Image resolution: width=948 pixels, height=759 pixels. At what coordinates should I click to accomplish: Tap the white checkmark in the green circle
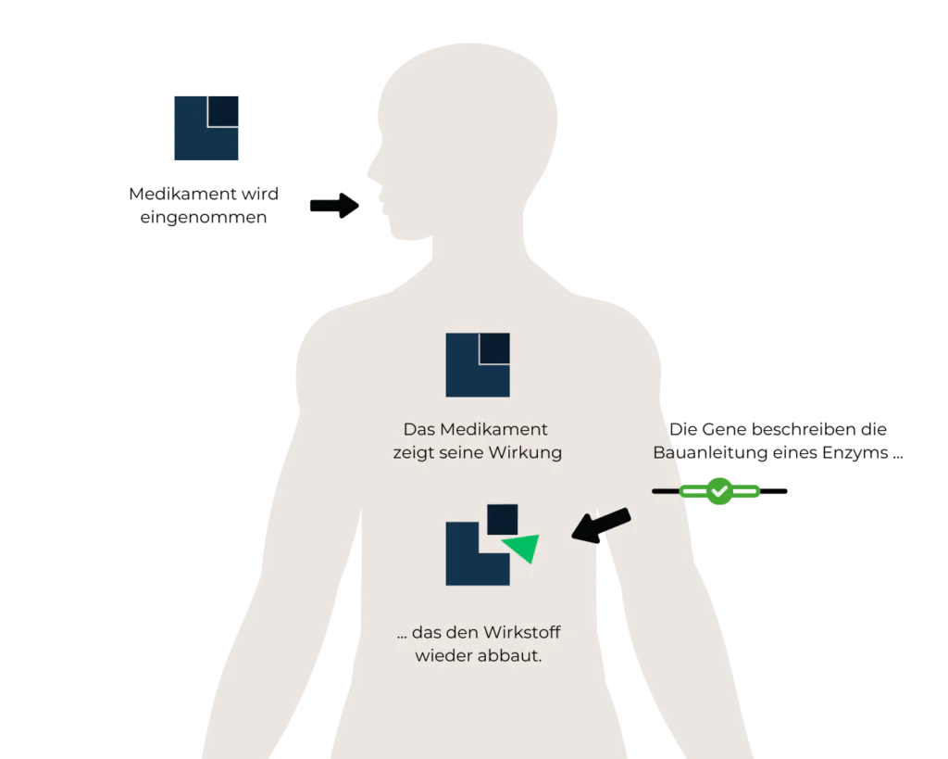(719, 490)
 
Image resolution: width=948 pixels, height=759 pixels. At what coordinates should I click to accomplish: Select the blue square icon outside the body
(206, 126)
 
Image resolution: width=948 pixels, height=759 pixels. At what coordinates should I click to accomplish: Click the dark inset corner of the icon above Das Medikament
(494, 348)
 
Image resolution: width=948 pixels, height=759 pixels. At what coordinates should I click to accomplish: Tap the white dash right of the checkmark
(745, 490)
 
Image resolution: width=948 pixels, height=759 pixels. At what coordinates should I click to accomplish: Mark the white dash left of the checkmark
(694, 490)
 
